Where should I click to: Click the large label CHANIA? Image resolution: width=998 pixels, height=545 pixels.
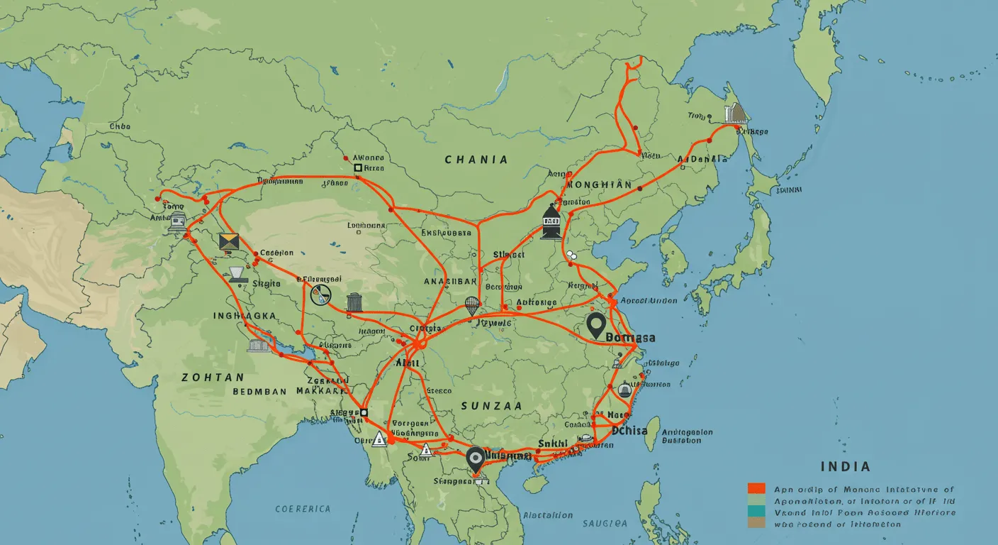point(476,160)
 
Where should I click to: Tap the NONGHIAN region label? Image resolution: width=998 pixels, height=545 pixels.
point(600,185)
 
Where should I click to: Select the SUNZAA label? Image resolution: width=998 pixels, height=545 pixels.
point(491,406)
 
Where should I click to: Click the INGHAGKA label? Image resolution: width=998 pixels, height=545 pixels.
point(245,315)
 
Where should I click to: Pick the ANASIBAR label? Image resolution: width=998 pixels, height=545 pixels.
point(450,281)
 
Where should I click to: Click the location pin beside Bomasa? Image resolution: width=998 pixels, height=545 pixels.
point(596,325)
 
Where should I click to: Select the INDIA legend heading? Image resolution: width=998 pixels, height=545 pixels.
point(845,467)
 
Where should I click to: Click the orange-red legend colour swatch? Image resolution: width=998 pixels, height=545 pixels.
point(756,488)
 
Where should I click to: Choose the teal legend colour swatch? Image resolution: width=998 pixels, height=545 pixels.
point(756,511)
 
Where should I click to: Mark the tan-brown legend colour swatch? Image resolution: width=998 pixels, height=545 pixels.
point(756,523)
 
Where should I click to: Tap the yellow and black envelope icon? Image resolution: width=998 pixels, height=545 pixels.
point(229,242)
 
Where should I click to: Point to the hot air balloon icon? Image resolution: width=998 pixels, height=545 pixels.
point(472,306)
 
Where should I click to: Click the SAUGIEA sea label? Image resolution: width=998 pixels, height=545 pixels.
point(605,523)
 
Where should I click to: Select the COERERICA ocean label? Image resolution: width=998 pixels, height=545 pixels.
point(303,509)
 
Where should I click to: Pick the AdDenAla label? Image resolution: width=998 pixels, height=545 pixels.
point(702,160)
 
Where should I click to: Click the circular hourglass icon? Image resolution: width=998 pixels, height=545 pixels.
point(320,294)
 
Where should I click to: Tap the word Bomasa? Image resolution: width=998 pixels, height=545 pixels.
point(631,338)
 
